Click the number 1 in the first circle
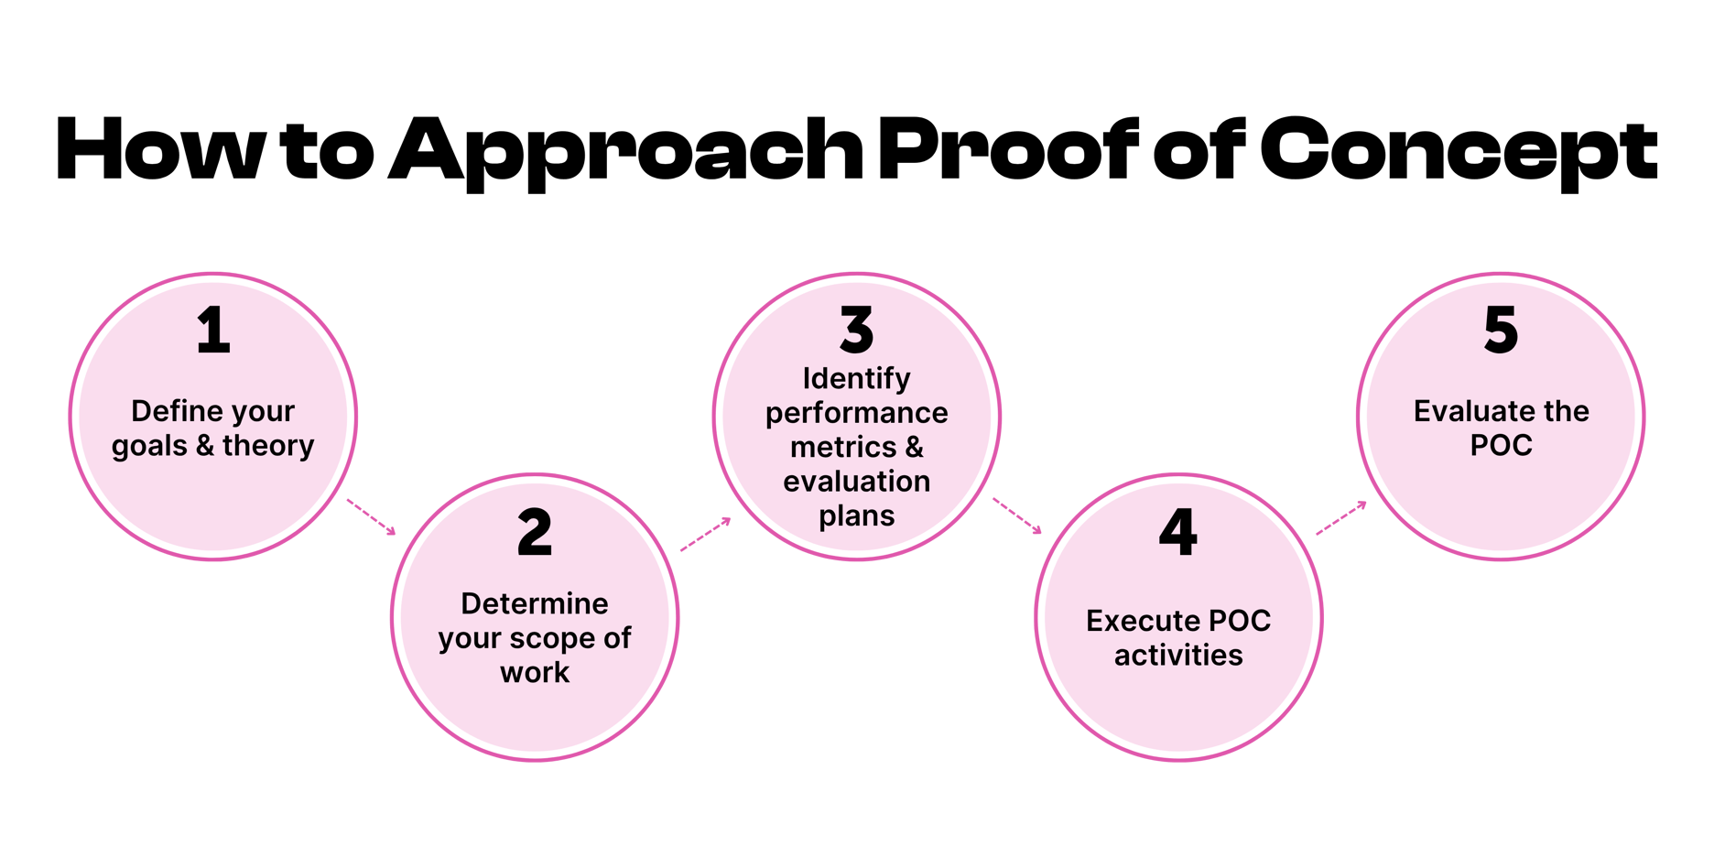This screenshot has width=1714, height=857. (x=213, y=331)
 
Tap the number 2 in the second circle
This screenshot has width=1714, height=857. (x=535, y=532)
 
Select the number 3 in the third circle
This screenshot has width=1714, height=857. (x=857, y=331)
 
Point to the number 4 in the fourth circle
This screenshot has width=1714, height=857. (x=1178, y=532)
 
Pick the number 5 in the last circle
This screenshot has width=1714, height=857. (x=1501, y=331)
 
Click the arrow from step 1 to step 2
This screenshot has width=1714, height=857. (x=371, y=516)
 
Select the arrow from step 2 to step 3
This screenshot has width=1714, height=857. (x=706, y=534)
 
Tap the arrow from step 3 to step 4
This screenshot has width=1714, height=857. (x=1017, y=515)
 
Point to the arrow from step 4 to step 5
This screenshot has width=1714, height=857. (x=1341, y=517)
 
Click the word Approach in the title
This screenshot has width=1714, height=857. (x=626, y=151)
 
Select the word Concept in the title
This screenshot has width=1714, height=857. (x=1459, y=151)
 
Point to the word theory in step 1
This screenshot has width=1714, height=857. (x=268, y=446)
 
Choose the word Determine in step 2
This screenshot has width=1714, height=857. (x=535, y=603)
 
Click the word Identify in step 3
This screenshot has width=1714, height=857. (x=857, y=379)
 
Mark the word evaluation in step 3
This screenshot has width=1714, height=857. (x=857, y=482)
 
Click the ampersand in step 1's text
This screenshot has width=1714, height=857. (x=205, y=446)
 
